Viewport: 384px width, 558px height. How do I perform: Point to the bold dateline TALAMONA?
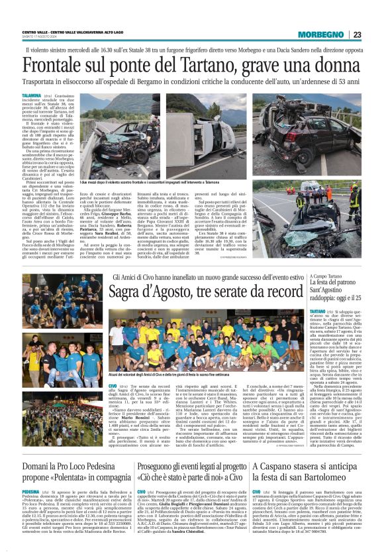[x=32, y=96]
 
